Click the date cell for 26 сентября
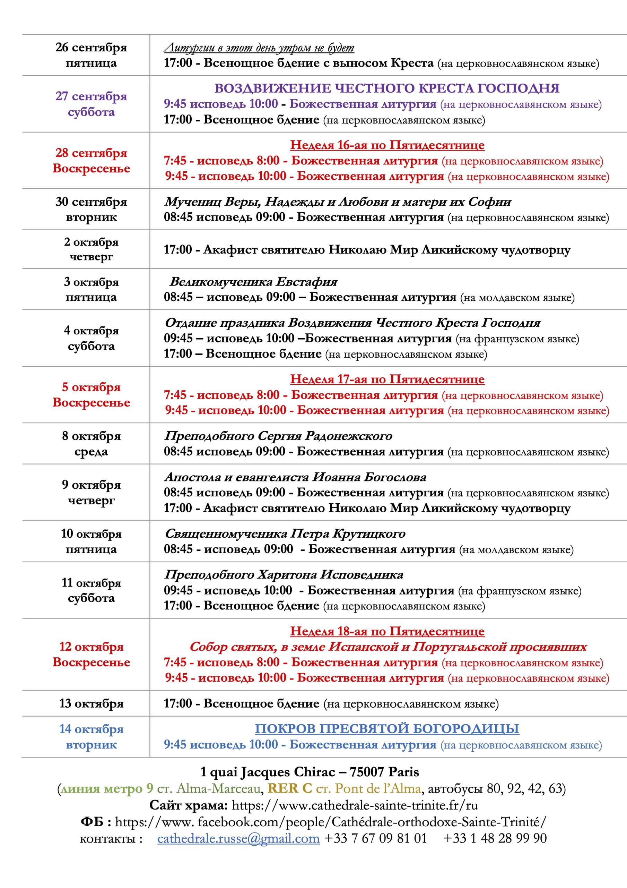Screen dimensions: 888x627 click(x=91, y=55)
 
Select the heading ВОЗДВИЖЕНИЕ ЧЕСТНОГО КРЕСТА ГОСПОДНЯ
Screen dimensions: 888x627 click(x=387, y=88)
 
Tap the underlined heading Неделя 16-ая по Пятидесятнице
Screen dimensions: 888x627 click(x=387, y=145)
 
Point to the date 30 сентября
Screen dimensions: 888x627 click(x=91, y=202)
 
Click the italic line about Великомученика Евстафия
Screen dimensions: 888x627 click(x=253, y=282)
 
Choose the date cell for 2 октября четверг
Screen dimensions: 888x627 click(x=91, y=249)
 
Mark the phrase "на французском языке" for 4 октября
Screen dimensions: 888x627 click(x=517, y=339)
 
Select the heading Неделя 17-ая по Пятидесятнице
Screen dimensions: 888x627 click(x=387, y=379)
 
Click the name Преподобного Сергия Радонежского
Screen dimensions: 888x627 click(x=278, y=436)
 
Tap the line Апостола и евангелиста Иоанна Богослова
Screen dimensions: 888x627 click(x=295, y=477)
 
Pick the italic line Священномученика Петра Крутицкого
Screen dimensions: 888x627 click(x=285, y=534)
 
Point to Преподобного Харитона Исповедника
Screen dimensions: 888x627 click(x=284, y=575)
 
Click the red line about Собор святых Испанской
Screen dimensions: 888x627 click(x=388, y=647)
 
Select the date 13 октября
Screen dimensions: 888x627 click(x=91, y=703)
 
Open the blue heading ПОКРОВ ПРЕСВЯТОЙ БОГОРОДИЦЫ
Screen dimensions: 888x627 click(x=387, y=729)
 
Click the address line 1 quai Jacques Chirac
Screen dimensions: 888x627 click(x=309, y=772)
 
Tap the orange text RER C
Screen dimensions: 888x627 click(x=290, y=788)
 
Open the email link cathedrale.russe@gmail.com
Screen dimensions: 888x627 click(x=238, y=838)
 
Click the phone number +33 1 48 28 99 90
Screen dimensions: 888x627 click(x=495, y=838)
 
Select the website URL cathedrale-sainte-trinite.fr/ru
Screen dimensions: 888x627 click(x=355, y=805)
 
